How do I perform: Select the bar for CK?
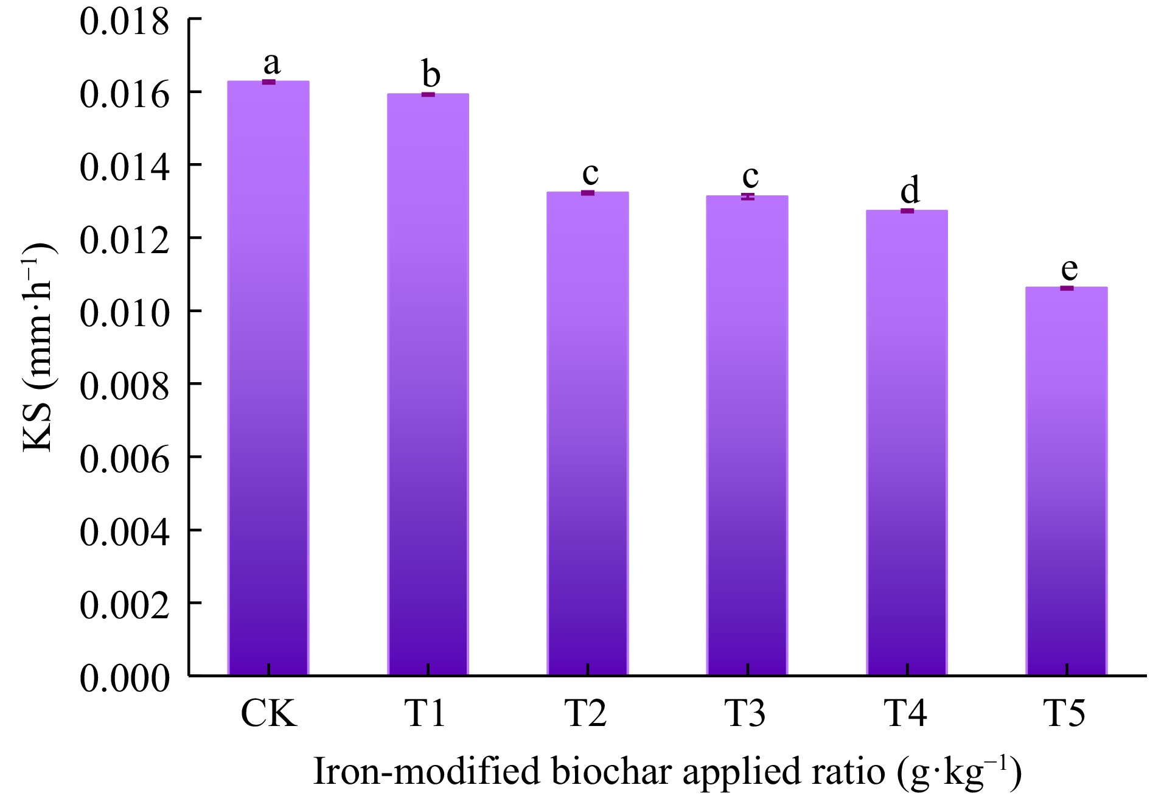point(268,377)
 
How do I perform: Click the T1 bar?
point(428,383)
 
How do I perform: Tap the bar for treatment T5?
point(1067,481)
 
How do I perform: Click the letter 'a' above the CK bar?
point(271,62)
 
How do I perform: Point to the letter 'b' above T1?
point(431,74)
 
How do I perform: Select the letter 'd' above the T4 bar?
point(910,190)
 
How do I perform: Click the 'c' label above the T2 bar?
point(590,173)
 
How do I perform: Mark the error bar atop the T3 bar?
point(748,196)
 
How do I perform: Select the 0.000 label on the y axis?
point(124,678)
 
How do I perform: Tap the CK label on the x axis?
point(268,713)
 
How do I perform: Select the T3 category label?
point(746,713)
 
